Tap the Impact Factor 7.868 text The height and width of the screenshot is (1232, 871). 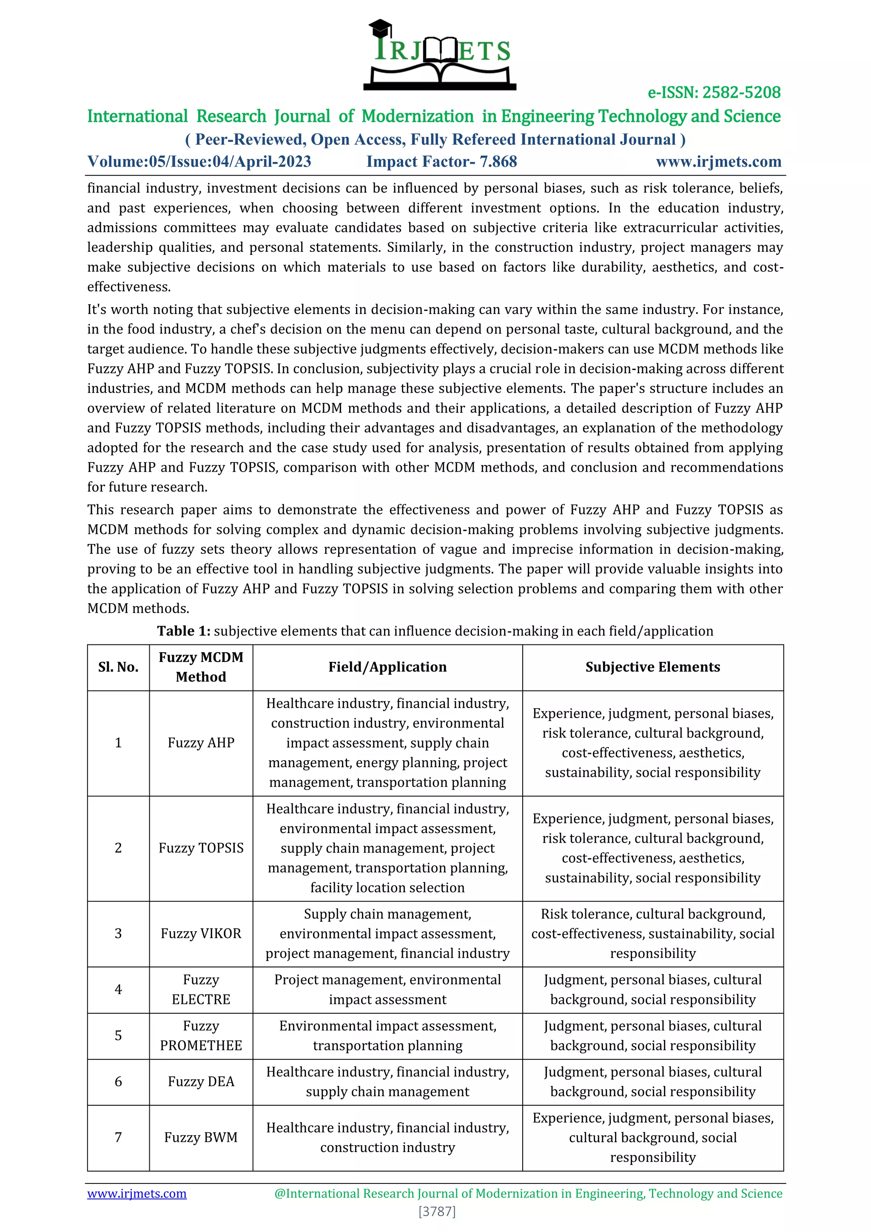[441, 162]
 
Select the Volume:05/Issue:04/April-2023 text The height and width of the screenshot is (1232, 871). [199, 162]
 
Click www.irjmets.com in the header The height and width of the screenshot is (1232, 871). [718, 162]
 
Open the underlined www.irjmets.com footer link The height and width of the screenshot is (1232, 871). [137, 1193]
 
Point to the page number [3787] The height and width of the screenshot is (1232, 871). [437, 1211]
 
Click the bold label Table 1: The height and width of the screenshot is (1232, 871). [183, 631]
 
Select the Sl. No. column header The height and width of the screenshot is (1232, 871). [118, 667]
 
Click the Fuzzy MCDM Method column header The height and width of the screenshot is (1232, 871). [201, 667]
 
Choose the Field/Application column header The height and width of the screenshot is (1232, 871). [387, 667]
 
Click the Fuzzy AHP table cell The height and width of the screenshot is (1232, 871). [201, 743]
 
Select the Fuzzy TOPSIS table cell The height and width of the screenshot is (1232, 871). [201, 848]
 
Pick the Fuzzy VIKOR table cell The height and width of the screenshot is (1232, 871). [201, 934]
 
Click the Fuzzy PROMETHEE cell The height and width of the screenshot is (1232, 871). [201, 1035]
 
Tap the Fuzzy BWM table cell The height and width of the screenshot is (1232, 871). [201, 1138]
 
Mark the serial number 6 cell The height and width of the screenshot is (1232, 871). [118, 1082]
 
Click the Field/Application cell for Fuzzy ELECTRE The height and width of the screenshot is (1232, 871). [387, 990]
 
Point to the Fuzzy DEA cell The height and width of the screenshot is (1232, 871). [201, 1082]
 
